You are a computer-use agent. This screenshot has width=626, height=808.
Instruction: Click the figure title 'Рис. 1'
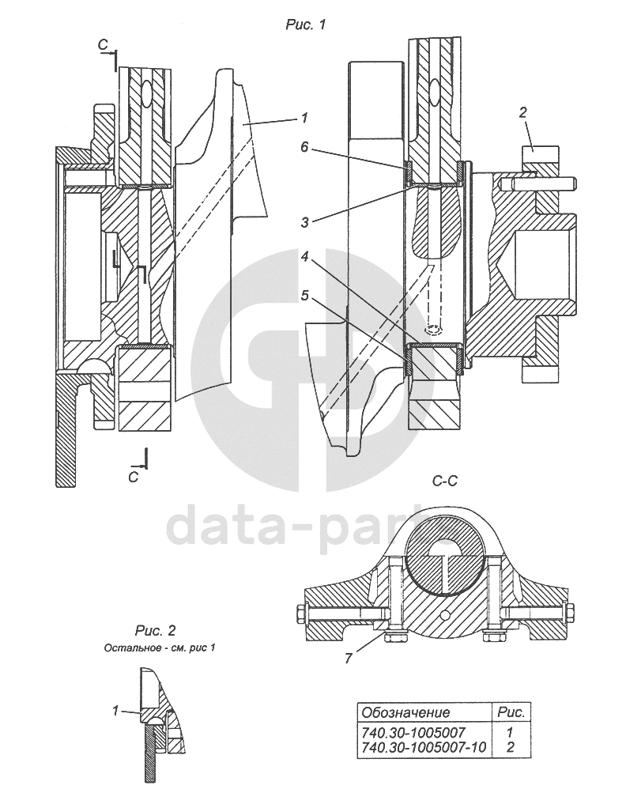(x=305, y=25)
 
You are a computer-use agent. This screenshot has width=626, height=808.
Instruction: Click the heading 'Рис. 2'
(x=155, y=630)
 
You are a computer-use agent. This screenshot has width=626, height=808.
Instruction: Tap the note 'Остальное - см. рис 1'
(x=160, y=648)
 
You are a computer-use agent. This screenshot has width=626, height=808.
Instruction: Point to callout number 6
(x=304, y=146)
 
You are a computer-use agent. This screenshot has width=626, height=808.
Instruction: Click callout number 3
(x=304, y=222)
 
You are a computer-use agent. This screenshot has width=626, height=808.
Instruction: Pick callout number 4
(x=304, y=258)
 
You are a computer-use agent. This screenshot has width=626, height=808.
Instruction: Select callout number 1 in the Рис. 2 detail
(x=115, y=711)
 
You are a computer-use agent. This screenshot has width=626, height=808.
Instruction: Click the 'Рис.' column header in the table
(x=510, y=713)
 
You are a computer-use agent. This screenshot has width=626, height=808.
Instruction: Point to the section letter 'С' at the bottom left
(x=133, y=477)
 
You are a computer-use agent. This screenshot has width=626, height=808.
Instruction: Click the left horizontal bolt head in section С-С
(x=300, y=614)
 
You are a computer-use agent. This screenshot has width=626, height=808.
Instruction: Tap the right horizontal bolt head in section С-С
(x=568, y=614)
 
